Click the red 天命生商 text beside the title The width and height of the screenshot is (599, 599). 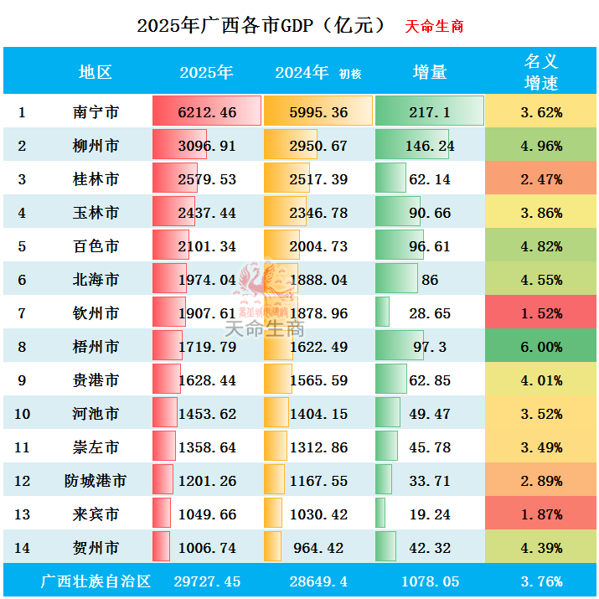(x=434, y=26)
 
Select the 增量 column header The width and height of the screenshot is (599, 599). (x=430, y=72)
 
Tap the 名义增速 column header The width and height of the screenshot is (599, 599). (x=540, y=71)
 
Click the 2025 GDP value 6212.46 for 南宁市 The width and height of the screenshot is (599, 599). (x=207, y=112)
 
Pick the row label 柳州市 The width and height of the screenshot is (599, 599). (x=96, y=146)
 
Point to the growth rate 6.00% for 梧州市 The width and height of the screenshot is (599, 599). (x=540, y=347)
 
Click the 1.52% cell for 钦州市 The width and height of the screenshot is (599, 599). (x=540, y=313)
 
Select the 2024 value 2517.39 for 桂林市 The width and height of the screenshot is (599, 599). (x=318, y=179)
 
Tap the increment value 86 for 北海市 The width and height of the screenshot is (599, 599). (x=430, y=280)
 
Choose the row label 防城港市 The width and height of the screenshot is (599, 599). (x=96, y=481)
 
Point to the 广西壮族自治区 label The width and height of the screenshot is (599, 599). (x=96, y=581)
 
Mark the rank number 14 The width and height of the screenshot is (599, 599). (x=22, y=548)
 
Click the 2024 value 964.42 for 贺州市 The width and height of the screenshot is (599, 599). (x=318, y=548)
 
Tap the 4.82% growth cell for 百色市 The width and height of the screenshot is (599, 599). (x=540, y=246)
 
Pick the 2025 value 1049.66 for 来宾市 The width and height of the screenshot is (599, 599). (x=207, y=514)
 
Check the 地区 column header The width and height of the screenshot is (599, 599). (x=96, y=72)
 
